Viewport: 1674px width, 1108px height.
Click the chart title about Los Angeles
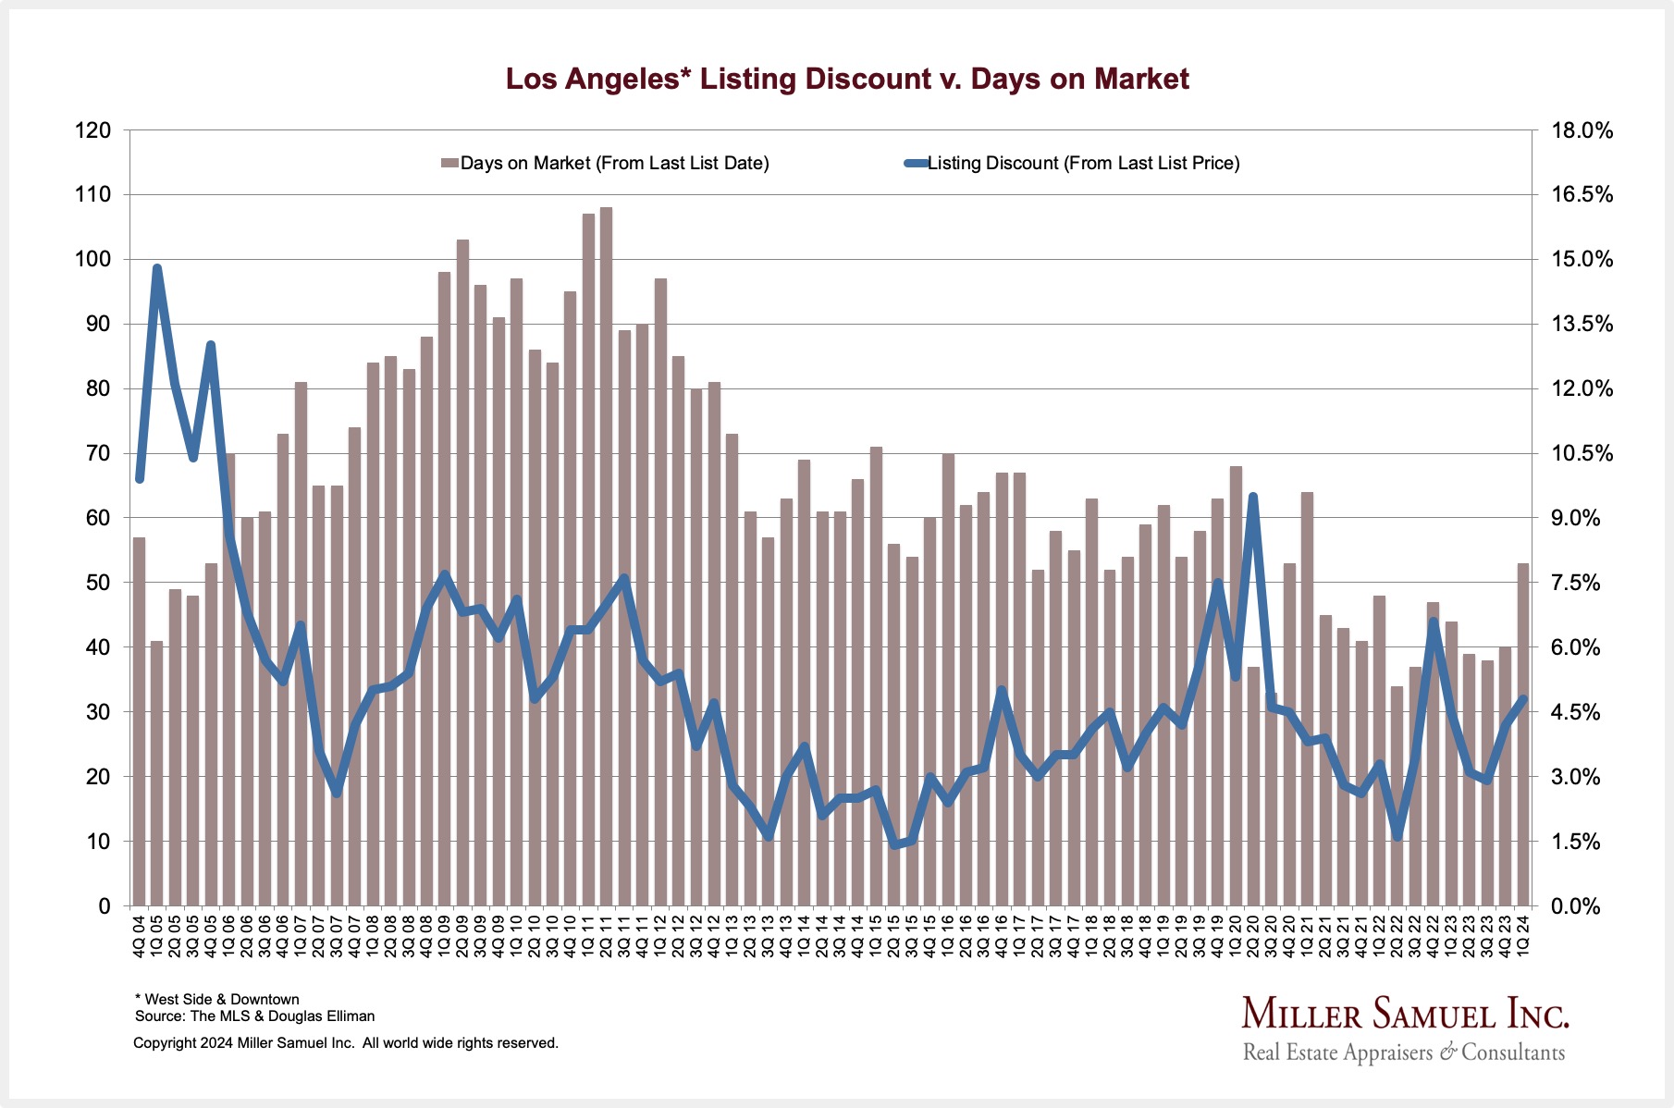846,79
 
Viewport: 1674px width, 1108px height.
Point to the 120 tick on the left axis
92,130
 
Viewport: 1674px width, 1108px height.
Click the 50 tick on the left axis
98,583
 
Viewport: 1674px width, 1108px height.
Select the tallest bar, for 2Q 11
606,555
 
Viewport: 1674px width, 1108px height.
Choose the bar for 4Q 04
139,721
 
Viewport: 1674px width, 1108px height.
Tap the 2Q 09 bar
462,573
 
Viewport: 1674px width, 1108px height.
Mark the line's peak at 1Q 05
157,268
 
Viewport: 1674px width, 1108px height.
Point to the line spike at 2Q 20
1253,497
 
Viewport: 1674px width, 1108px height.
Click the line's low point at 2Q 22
1397,837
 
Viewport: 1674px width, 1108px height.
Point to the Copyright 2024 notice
345,1043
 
